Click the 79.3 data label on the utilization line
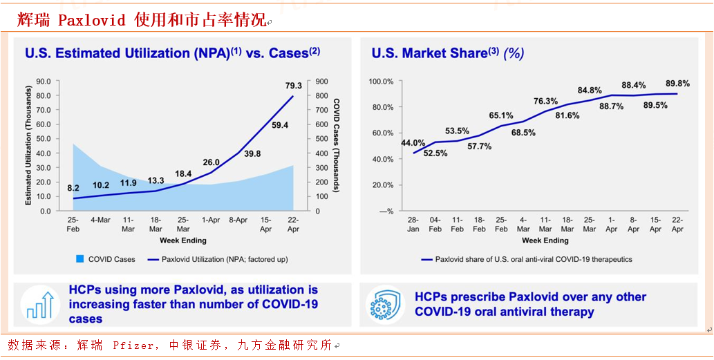(294, 86)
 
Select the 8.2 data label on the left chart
(73, 188)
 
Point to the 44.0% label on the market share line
(413, 143)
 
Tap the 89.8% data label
(677, 82)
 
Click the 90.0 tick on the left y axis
(44, 81)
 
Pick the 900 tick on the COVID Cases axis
(321, 81)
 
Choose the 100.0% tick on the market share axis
(381, 82)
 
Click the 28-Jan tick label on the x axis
(413, 225)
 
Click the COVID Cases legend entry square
(80, 259)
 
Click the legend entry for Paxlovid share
(526, 260)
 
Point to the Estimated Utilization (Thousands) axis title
(29, 145)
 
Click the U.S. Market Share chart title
(447, 53)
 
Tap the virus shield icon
(386, 305)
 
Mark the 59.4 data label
(280, 126)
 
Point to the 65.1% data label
(501, 115)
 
